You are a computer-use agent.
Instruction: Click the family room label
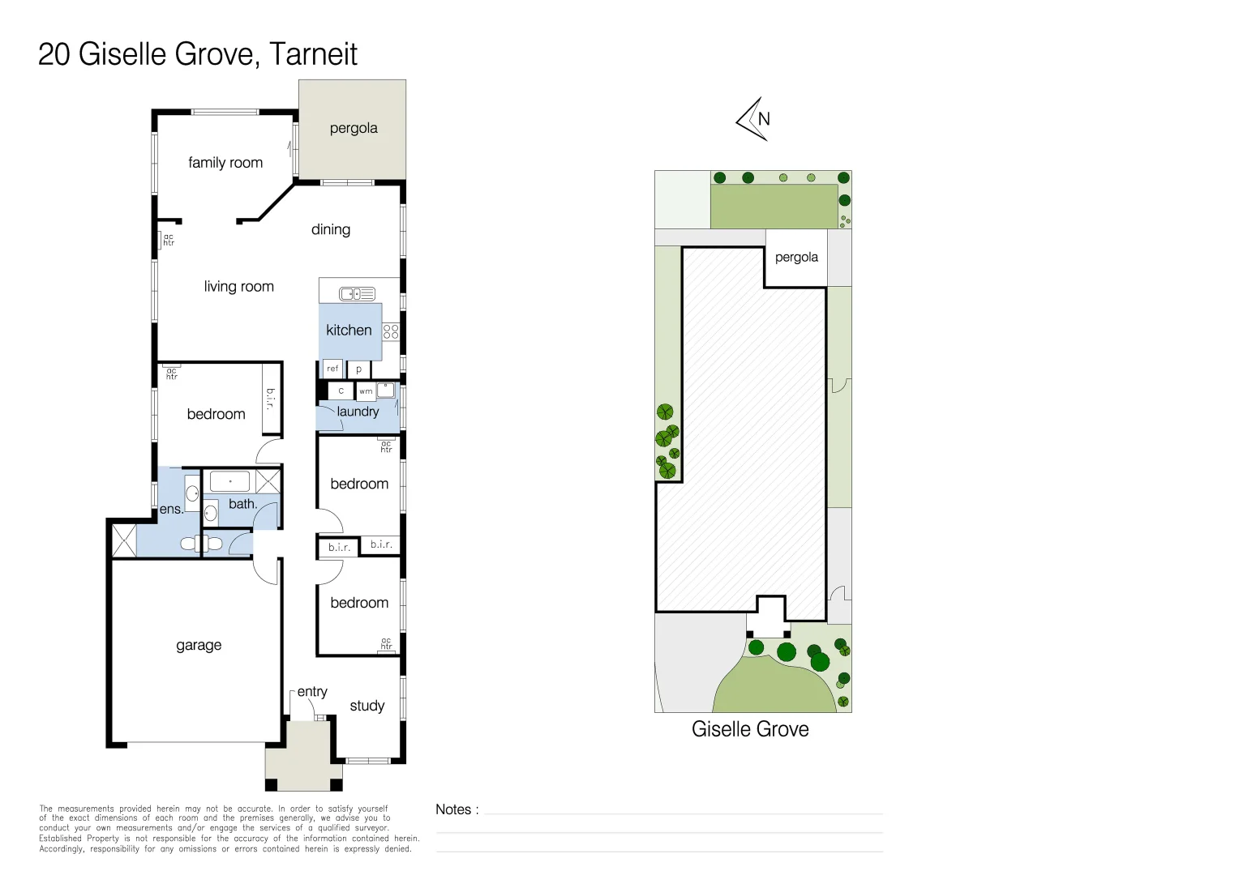[x=225, y=163]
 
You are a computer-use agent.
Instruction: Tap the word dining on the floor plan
[x=331, y=230]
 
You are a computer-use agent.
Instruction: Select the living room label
[x=238, y=287]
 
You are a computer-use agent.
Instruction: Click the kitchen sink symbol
[x=357, y=294]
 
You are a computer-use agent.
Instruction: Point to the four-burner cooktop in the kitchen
[x=391, y=331]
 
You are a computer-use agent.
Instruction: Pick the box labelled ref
[x=332, y=369]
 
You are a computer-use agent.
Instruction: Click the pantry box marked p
[x=358, y=369]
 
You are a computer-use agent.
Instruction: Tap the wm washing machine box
[x=366, y=391]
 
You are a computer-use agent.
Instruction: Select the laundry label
[x=358, y=412]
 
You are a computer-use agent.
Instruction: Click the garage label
[x=199, y=646]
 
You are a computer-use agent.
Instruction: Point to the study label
[x=367, y=706]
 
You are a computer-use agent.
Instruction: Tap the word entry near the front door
[x=312, y=692]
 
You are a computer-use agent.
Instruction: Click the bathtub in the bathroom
[x=229, y=481]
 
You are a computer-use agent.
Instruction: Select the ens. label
[x=171, y=510]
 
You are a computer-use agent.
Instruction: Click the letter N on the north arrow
[x=764, y=119]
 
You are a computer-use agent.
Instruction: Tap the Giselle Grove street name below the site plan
[x=750, y=729]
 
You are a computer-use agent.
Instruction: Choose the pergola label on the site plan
[x=796, y=258]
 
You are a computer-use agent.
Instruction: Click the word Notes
[x=453, y=809]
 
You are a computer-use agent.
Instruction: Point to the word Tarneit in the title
[x=313, y=54]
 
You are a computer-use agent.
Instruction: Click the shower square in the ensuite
[x=123, y=540]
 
